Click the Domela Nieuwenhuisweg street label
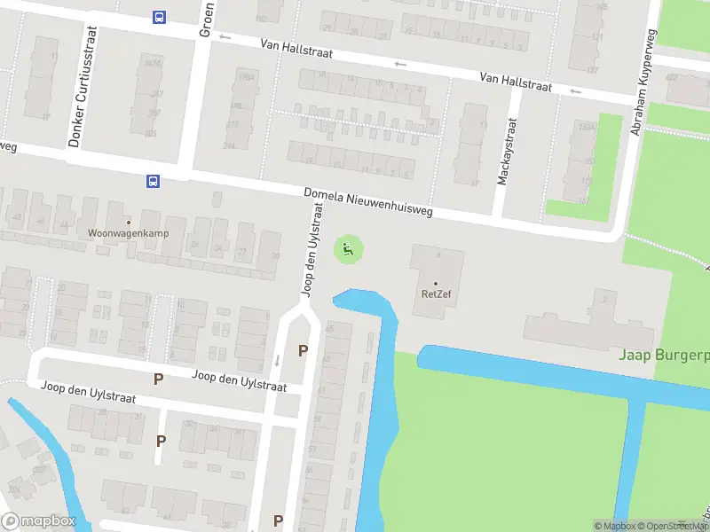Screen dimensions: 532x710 tap(367, 203)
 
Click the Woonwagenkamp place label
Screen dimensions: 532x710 tap(128, 234)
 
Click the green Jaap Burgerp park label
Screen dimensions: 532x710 tap(664, 356)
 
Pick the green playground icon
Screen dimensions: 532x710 tap(348, 249)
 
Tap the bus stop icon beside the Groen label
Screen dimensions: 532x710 tap(159, 17)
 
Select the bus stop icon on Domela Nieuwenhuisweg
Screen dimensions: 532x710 tap(153, 181)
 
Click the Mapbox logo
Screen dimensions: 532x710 tap(39, 520)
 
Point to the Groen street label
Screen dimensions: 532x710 tap(205, 18)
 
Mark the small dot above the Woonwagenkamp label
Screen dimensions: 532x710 tap(128, 222)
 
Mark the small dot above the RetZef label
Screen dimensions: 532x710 tap(435, 284)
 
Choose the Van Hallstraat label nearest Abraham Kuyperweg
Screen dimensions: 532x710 tap(516, 82)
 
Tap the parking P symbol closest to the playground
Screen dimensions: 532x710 tap(303, 350)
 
